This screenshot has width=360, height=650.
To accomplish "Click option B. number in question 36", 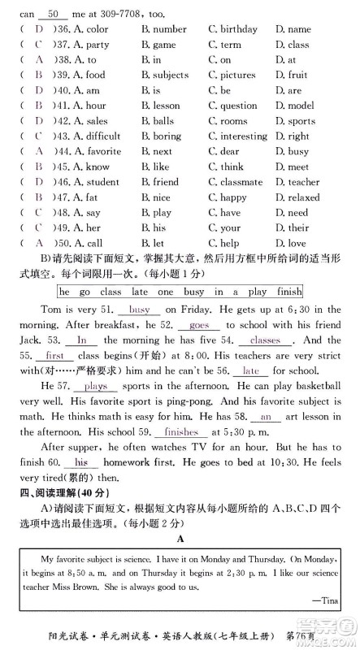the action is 163,29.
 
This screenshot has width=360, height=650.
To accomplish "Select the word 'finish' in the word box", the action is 284,291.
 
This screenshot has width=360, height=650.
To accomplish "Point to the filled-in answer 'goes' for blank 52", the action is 176,324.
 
